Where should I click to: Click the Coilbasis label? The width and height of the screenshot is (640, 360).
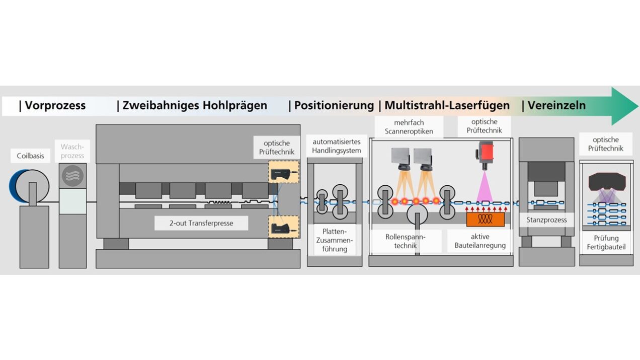tap(30, 156)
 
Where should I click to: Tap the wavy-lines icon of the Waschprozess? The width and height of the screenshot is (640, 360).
tap(73, 176)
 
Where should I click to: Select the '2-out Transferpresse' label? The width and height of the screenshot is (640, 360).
tap(194, 223)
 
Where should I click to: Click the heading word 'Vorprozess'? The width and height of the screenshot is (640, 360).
tap(55, 106)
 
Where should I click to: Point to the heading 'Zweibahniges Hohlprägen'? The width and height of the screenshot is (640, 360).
tap(195, 106)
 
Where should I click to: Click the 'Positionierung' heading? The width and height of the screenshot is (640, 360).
tap(334, 106)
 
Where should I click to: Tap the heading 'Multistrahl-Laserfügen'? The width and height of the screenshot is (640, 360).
tap(447, 106)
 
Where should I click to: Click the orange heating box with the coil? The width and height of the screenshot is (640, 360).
tap(485, 219)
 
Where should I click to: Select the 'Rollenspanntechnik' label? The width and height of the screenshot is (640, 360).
tap(406, 241)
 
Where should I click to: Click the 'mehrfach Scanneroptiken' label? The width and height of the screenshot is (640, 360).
tap(409, 127)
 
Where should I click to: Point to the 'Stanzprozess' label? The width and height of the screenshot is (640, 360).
tap(546, 220)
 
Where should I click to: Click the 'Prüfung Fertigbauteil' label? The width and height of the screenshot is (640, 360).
tap(606, 242)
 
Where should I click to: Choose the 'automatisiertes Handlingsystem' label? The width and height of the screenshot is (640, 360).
tap(337, 146)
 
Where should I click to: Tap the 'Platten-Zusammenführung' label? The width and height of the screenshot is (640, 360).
tap(335, 240)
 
